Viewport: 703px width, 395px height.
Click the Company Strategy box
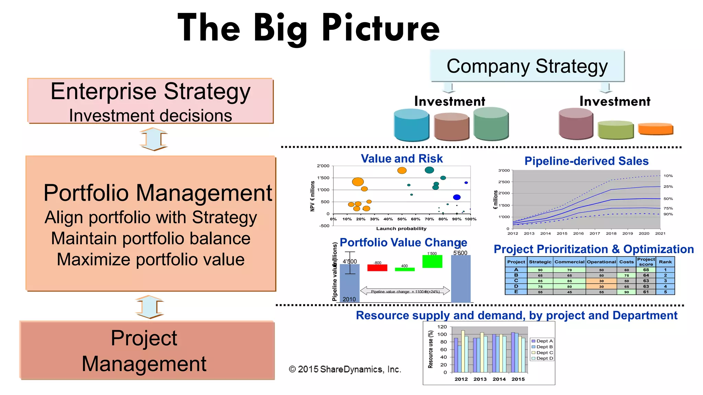tap(527, 66)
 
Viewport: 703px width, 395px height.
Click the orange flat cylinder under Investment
tap(655, 129)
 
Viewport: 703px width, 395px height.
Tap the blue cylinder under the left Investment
tap(411, 125)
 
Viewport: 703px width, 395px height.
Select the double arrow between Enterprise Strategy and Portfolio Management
tap(153, 139)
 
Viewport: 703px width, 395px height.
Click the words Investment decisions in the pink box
tap(150, 116)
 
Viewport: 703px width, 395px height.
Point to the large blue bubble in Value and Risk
tap(457, 197)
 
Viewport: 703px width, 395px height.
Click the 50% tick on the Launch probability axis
tap(402, 219)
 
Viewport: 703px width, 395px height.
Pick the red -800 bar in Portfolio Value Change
tap(377, 268)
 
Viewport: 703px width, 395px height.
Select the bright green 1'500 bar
tap(432, 262)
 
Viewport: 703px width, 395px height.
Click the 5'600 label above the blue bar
tap(460, 253)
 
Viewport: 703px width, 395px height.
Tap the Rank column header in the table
tap(665, 262)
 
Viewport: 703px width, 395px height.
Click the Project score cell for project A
tap(646, 270)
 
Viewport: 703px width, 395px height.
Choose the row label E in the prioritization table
tap(516, 292)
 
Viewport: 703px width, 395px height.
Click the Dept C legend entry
tap(542, 352)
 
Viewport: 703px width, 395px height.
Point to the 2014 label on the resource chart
tap(499, 379)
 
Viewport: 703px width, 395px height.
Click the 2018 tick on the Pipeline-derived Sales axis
tap(611, 234)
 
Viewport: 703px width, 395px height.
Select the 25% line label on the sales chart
tap(668, 187)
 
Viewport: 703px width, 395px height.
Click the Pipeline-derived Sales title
tap(586, 161)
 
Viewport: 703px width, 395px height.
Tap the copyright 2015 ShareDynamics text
tap(345, 369)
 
